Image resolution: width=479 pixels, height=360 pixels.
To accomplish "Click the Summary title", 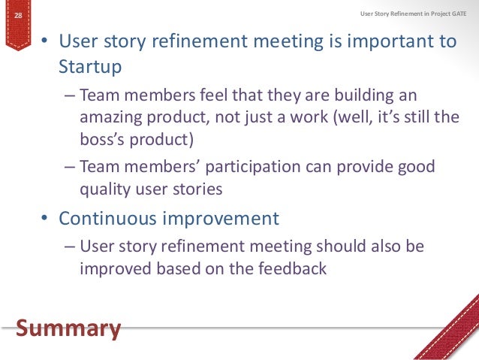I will tap(68, 328).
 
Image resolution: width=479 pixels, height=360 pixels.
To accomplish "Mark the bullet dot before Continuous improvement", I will tap(46, 219).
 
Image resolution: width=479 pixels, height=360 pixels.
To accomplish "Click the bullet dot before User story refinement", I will tap(46, 41).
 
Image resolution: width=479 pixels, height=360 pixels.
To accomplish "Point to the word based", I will tap(175, 268).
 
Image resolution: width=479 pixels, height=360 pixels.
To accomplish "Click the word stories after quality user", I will tap(197, 189).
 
